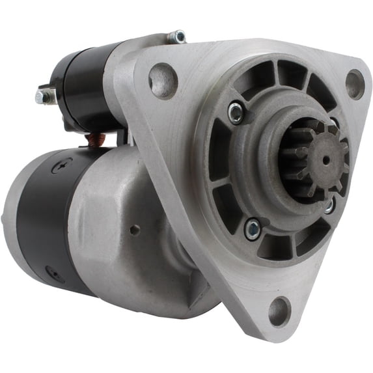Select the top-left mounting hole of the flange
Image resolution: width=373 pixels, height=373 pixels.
(x=163, y=79)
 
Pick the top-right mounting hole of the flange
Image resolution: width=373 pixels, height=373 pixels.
(x=355, y=83)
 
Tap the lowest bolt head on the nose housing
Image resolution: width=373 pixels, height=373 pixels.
(x=252, y=228)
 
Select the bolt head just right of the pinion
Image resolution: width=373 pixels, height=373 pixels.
(x=330, y=204)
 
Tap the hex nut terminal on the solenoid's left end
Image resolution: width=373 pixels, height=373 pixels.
(x=44, y=96)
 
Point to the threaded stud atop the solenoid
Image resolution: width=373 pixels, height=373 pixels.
(x=176, y=37)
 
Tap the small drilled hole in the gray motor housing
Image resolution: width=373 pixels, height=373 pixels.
(x=134, y=229)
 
